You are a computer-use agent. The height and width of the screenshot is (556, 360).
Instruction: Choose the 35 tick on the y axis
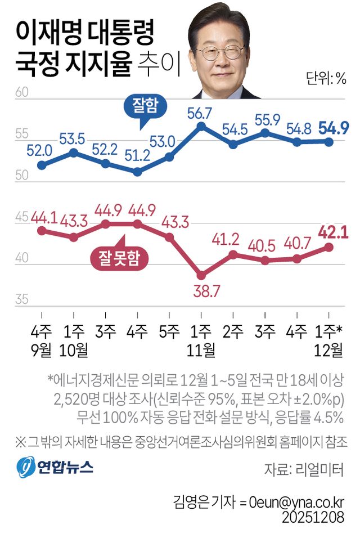coord(21,299)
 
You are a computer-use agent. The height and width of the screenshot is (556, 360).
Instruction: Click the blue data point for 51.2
coord(137,172)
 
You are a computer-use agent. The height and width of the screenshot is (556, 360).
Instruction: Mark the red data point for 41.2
coord(233,254)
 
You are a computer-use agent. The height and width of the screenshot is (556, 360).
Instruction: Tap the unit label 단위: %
coord(326,78)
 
